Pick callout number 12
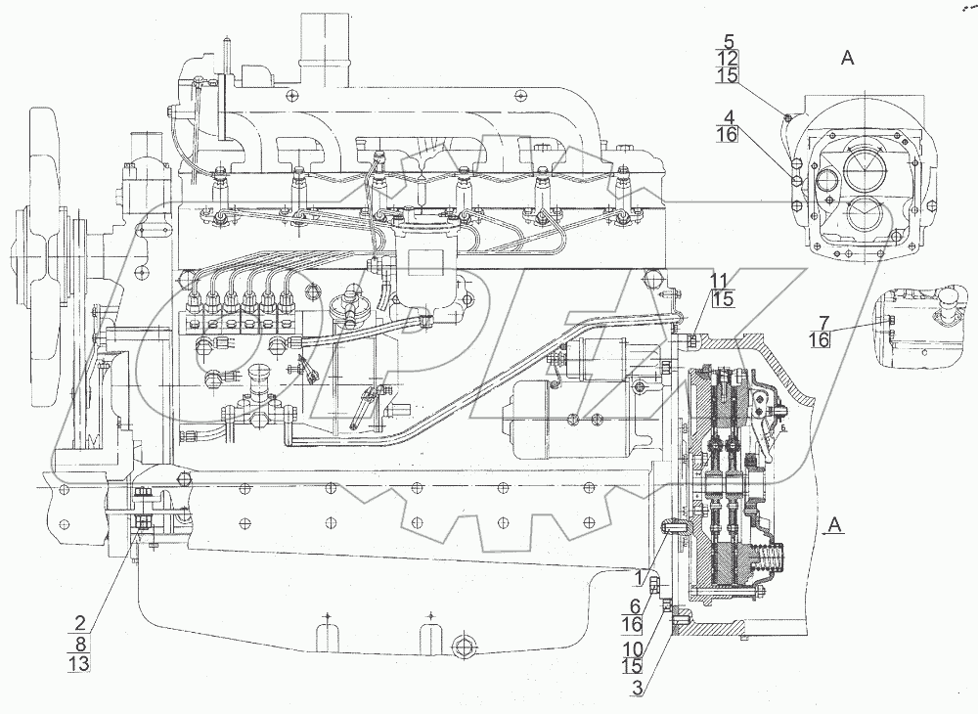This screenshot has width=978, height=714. pyautogui.click(x=728, y=58)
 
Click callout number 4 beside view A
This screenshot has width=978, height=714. pyautogui.click(x=728, y=117)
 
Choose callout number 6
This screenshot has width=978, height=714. pyautogui.click(x=636, y=605)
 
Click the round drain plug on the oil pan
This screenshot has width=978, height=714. pyautogui.click(x=464, y=647)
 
